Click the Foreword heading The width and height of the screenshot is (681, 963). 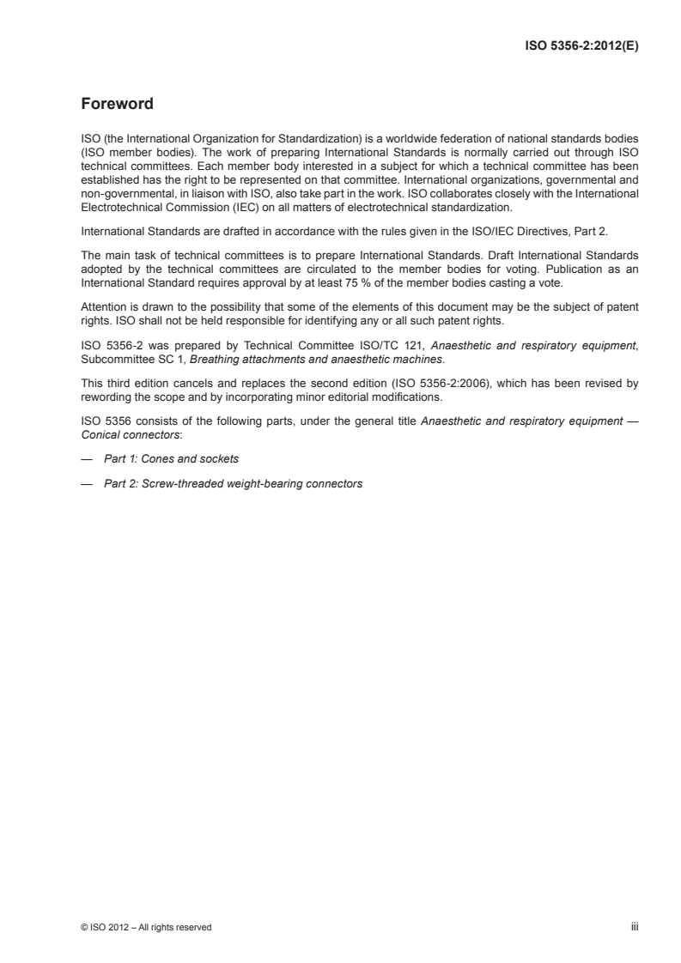117,105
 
